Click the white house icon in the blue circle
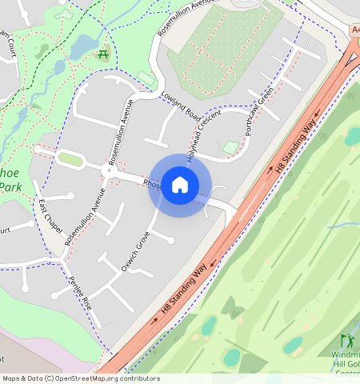click(180, 185)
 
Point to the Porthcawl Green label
click(260, 112)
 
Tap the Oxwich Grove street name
click(135, 251)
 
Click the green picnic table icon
click(102, 54)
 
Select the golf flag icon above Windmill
click(346, 341)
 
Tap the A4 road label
click(354, 30)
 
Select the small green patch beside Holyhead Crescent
click(230, 147)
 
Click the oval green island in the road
click(71, 159)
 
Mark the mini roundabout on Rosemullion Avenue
click(107, 170)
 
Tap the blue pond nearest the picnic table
click(82, 46)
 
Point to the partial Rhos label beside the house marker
click(152, 184)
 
